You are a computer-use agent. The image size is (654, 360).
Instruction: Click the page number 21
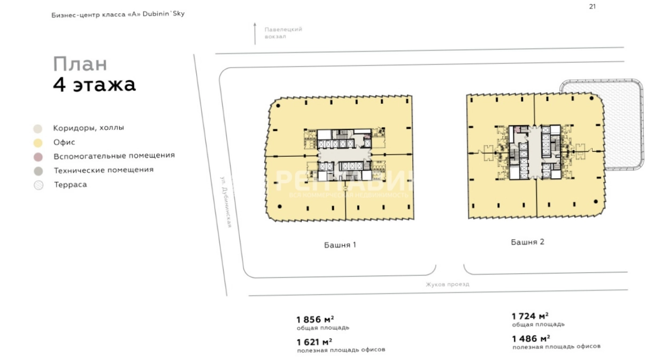(593, 6)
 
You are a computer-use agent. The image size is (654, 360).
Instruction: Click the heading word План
(80, 64)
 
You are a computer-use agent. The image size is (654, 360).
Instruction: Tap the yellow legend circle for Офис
(38, 143)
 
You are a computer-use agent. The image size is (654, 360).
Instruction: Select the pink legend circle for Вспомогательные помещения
(38, 157)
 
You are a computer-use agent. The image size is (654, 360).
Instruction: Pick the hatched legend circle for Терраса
(39, 185)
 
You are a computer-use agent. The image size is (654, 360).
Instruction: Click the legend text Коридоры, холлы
(88, 128)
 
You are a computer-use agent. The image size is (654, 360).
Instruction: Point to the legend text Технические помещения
(104, 170)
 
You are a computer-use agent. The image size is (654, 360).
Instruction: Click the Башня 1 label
(340, 244)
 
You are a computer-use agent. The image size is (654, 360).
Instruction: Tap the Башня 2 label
(528, 242)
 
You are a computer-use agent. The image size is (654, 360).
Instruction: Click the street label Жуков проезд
(447, 284)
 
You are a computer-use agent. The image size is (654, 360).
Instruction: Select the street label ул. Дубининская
(226, 202)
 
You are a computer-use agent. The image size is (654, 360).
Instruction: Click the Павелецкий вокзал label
(283, 33)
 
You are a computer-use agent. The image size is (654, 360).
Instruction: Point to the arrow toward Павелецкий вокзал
(255, 34)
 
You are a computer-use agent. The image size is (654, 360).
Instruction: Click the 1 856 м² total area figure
(315, 319)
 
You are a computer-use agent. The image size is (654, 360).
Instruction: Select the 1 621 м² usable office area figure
(314, 342)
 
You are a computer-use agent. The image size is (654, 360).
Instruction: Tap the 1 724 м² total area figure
(530, 316)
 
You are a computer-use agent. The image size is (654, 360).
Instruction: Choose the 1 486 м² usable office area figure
(531, 339)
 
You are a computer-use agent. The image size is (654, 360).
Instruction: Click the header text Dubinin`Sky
(164, 14)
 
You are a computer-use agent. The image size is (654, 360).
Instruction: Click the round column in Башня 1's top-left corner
(278, 106)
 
